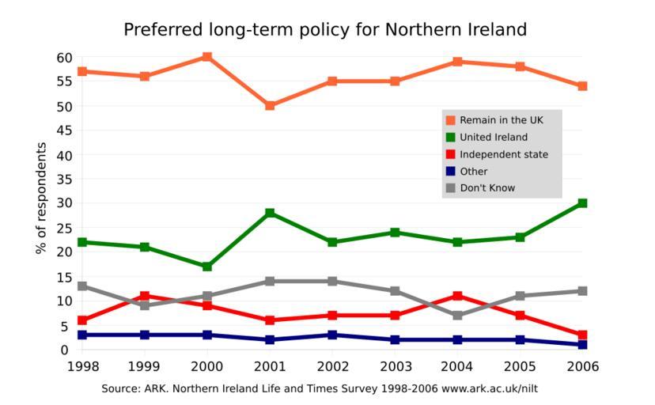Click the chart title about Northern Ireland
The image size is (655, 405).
pos(325,30)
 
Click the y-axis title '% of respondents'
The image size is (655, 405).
pos(42,199)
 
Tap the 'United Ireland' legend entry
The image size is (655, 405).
pos(493,138)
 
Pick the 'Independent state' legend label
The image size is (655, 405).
pos(503,154)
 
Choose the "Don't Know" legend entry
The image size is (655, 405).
pos(487,188)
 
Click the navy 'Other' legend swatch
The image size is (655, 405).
pos(451,171)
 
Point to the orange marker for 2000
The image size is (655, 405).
pos(207,57)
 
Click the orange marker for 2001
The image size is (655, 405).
pos(270,105)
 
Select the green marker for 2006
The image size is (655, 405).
pos(582,203)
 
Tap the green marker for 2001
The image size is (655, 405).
pos(270,213)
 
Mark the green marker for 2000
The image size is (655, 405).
pos(207,267)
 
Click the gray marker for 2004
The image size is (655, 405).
pos(457,315)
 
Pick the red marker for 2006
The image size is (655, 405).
pos(582,335)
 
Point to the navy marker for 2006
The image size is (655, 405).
pos(582,345)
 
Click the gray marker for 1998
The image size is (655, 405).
pos(82,286)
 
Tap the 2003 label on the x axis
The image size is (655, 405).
pos(395,367)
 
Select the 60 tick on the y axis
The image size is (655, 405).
pos(64,58)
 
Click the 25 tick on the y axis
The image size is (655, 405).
pos(64,228)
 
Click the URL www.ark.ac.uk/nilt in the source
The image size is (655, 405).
pos(490,389)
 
